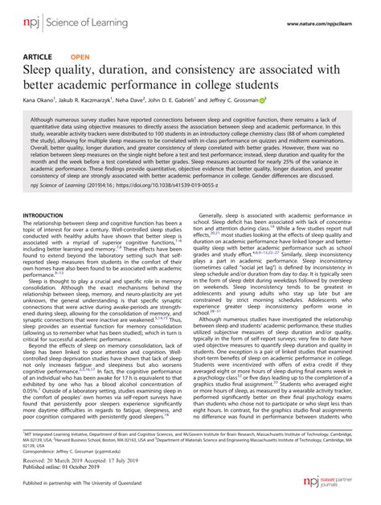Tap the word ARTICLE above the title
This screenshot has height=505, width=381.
37,58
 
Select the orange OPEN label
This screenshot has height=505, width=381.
80,58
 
